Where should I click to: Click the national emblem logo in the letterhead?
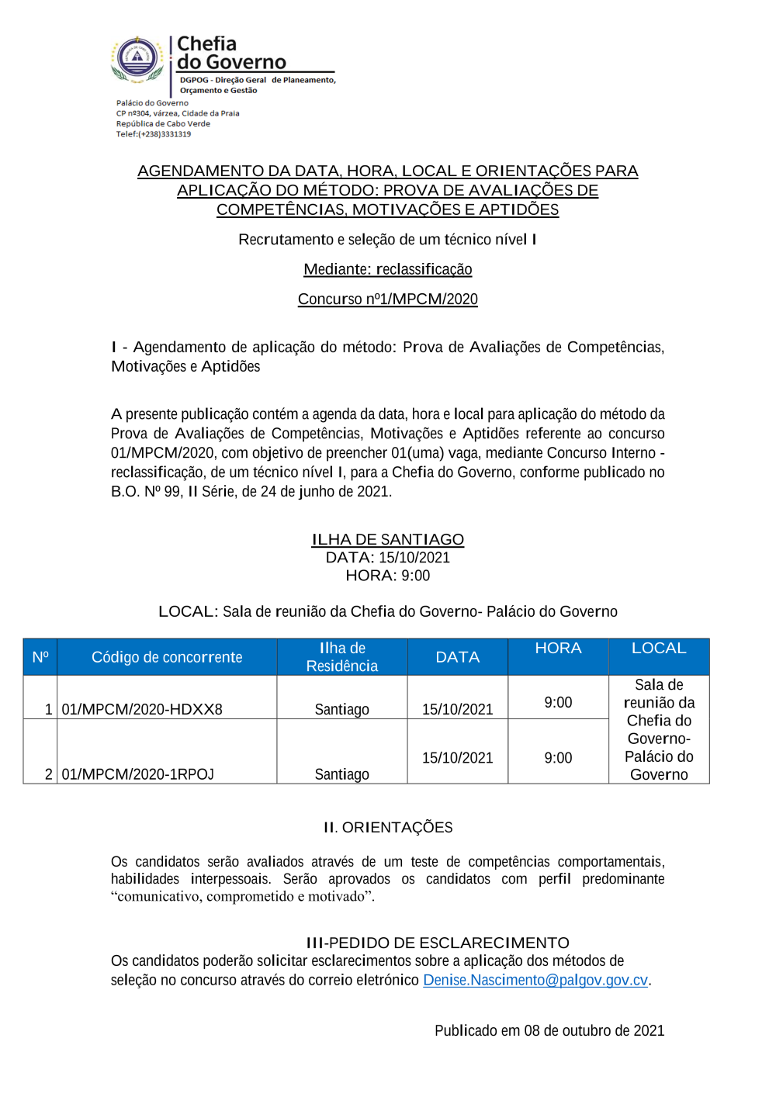click(137, 59)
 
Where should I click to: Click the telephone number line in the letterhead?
click(154, 134)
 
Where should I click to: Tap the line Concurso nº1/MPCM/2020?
click(387, 299)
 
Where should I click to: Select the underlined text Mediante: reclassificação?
click(387, 269)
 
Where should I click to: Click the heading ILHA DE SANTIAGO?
click(387, 539)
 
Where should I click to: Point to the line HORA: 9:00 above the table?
click(387, 576)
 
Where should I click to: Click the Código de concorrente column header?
click(167, 657)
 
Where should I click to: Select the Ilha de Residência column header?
click(342, 657)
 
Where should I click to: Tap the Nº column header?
click(40, 657)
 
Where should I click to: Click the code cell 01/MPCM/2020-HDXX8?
click(142, 709)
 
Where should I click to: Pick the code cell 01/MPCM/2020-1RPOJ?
click(137, 774)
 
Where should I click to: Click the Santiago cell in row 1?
click(342, 709)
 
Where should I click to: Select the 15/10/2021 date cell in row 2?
click(457, 758)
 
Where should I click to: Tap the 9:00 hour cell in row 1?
click(558, 702)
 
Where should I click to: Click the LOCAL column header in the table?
click(659, 649)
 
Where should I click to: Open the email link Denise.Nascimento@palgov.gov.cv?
click(535, 980)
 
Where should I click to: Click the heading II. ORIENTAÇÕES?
click(388, 828)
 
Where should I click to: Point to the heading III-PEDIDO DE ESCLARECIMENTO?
click(438, 943)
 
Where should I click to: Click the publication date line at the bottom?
click(549, 1030)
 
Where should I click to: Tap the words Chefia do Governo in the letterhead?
click(230, 53)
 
